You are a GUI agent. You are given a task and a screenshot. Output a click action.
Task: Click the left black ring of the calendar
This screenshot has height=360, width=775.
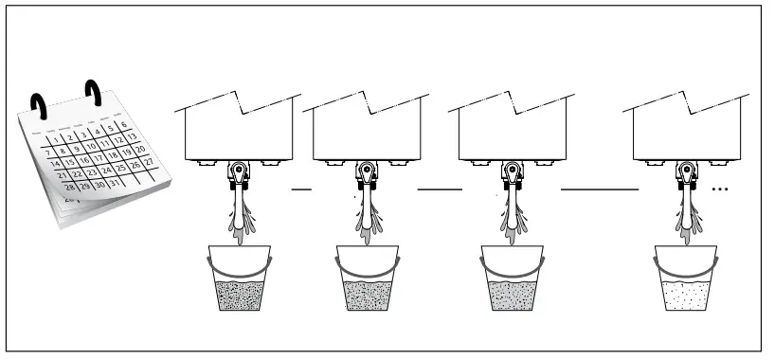tap(38, 103)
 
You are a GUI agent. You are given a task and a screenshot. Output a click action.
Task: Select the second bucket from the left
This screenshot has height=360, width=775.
tap(367, 279)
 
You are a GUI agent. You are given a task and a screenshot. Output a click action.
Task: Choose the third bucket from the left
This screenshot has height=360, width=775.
tap(512, 279)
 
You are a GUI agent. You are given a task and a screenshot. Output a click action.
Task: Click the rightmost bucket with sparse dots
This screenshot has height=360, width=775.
tap(687, 279)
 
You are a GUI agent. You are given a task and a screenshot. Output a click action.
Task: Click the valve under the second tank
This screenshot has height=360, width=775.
tap(367, 174)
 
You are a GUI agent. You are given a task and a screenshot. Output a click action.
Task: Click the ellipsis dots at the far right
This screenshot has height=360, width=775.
tap(719, 189)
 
